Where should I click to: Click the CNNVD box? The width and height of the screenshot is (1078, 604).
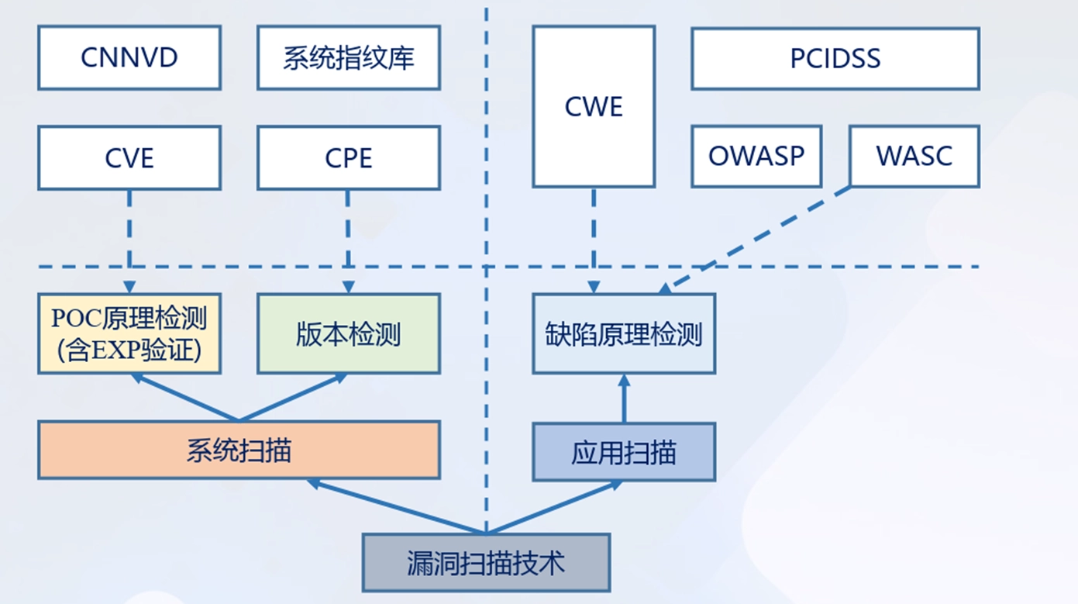[129, 58]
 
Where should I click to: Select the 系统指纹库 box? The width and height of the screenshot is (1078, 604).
[349, 58]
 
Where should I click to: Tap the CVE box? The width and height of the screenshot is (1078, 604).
[129, 158]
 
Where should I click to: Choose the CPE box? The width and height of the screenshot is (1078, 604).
[349, 158]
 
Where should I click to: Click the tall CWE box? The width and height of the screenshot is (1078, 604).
[594, 107]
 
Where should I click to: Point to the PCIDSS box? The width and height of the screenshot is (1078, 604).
[835, 59]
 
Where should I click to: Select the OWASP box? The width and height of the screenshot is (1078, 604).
[756, 156]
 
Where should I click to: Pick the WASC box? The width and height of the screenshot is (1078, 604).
[914, 156]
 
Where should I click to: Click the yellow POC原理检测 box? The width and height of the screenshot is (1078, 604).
[129, 333]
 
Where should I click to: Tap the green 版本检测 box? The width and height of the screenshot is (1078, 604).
[349, 333]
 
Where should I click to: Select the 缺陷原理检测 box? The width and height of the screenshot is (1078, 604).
[624, 333]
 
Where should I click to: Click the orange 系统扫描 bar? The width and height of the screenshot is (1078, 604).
[239, 450]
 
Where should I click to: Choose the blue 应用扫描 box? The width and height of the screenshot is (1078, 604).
[624, 452]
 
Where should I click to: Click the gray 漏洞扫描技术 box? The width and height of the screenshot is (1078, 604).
[486, 562]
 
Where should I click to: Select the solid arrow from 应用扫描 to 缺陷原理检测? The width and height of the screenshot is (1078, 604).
[624, 399]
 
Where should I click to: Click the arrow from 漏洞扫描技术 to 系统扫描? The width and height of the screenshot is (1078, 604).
[395, 507]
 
